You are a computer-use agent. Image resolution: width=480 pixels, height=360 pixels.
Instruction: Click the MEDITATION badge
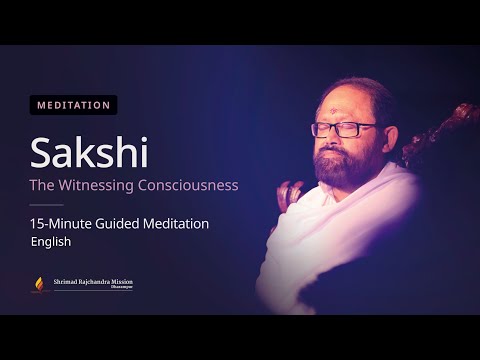point(74,104)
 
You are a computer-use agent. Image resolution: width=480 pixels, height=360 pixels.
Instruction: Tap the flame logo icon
point(40,285)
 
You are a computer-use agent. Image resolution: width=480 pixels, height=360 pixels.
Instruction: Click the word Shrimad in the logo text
point(67,283)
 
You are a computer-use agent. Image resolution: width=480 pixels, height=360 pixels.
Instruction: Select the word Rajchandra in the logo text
point(95,283)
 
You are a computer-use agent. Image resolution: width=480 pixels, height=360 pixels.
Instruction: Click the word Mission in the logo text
point(122,283)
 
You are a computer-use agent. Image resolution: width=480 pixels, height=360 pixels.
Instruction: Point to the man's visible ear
point(391,135)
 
